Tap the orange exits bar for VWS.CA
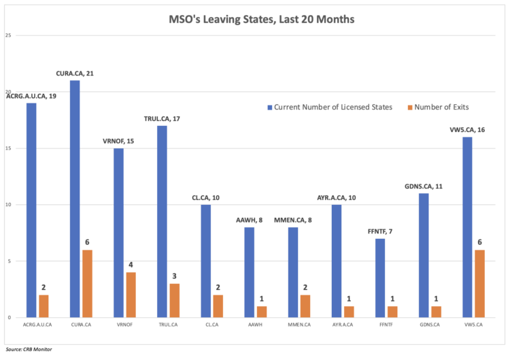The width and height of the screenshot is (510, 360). point(479,283)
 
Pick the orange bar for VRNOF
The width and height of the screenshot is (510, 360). point(131,295)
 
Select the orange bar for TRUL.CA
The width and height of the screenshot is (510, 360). point(174,300)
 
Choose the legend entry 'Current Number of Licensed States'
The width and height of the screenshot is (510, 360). point(328,107)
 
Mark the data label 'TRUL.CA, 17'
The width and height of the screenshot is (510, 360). point(162,119)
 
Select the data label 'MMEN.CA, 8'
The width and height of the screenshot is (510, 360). point(292,220)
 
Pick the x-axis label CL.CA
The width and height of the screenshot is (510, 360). point(211,326)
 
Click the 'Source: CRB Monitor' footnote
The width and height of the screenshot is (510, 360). point(29,349)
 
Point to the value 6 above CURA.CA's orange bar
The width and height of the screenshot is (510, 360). point(88,243)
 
